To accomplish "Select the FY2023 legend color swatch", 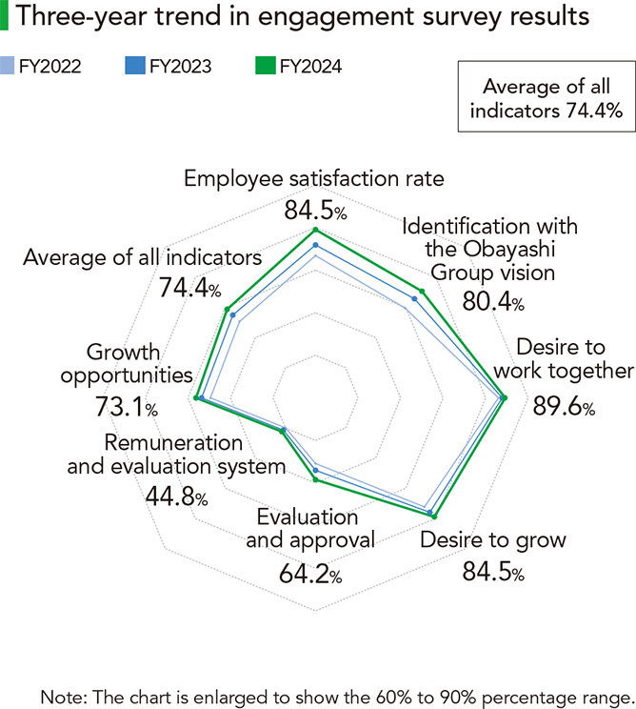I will tap(133, 67).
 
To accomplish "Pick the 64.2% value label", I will tap(309, 575).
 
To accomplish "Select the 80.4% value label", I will tap(490, 304).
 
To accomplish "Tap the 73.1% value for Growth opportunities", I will tap(126, 408).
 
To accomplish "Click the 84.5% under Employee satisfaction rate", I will tap(315, 211).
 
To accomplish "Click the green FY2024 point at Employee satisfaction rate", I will tap(315, 231).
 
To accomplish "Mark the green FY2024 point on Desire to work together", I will tap(504, 397).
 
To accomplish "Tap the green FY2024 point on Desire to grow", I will tap(433, 517).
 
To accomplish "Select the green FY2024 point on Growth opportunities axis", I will tap(196, 397).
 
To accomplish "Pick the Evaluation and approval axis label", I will tap(308, 529).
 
